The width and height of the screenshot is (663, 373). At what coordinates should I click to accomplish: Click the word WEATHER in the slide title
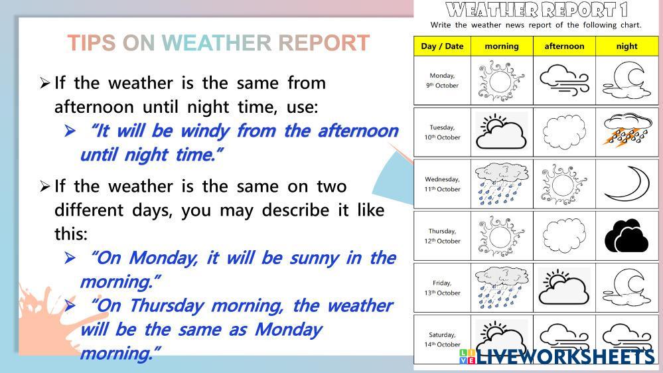(216, 42)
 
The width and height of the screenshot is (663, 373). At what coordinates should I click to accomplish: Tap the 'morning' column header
(502, 46)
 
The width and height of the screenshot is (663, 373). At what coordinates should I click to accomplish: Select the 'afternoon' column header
(564, 46)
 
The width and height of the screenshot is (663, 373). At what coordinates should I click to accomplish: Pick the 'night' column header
(626, 46)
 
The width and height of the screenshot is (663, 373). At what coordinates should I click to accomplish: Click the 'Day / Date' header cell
(442, 46)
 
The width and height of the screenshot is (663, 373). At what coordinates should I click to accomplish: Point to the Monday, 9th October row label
(442, 80)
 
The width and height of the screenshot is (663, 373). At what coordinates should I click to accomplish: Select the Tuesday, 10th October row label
(442, 132)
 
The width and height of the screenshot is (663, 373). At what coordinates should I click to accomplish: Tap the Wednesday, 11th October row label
(442, 185)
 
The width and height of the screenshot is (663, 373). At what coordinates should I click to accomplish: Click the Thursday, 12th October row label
(442, 236)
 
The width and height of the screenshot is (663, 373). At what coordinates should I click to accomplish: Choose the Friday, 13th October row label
(442, 288)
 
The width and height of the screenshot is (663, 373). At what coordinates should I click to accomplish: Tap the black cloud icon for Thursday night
(626, 236)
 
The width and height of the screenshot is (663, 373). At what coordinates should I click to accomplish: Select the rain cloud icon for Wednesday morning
(502, 184)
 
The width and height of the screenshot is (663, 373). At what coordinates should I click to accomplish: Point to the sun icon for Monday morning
(501, 81)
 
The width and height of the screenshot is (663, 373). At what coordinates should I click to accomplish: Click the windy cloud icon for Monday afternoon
(564, 80)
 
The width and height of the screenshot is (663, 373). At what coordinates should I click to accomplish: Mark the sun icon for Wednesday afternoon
(563, 185)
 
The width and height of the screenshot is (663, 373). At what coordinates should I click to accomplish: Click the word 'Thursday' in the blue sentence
(167, 306)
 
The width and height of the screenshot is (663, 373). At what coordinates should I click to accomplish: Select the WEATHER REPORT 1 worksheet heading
(536, 10)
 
